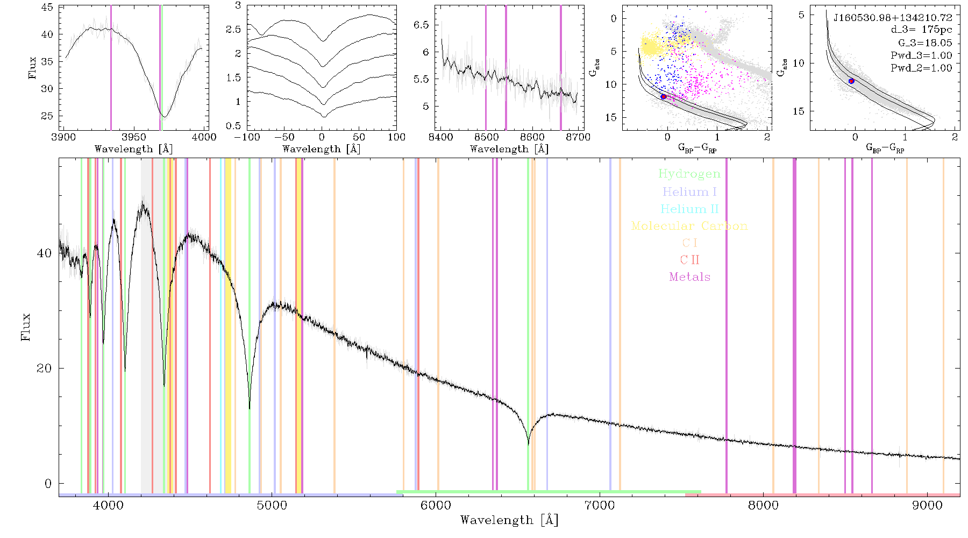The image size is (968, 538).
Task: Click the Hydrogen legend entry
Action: (x=689, y=174)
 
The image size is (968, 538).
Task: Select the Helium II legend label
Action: (x=689, y=209)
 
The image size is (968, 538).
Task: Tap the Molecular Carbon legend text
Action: (x=689, y=226)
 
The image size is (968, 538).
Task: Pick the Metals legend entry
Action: (x=689, y=277)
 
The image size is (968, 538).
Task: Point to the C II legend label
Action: (x=689, y=260)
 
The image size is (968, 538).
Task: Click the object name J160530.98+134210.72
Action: (x=893, y=18)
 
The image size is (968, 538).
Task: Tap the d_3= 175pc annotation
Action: (x=921, y=30)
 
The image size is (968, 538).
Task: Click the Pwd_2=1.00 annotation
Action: (x=921, y=68)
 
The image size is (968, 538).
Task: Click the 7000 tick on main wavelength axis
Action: (x=599, y=505)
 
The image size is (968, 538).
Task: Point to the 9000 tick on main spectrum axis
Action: (x=927, y=505)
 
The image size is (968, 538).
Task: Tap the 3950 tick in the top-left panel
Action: (x=133, y=137)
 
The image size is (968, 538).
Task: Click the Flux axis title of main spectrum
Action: (x=25, y=327)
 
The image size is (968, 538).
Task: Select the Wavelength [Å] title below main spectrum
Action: (x=509, y=520)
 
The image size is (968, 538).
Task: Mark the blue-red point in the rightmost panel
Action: (x=851, y=81)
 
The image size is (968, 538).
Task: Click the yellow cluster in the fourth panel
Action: (x=652, y=46)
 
